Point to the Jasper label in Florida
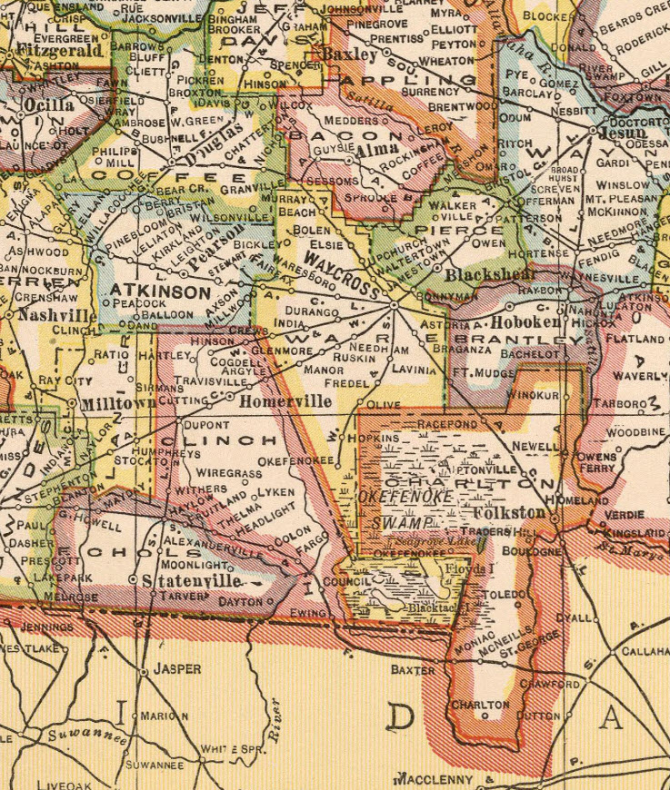[176, 669]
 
